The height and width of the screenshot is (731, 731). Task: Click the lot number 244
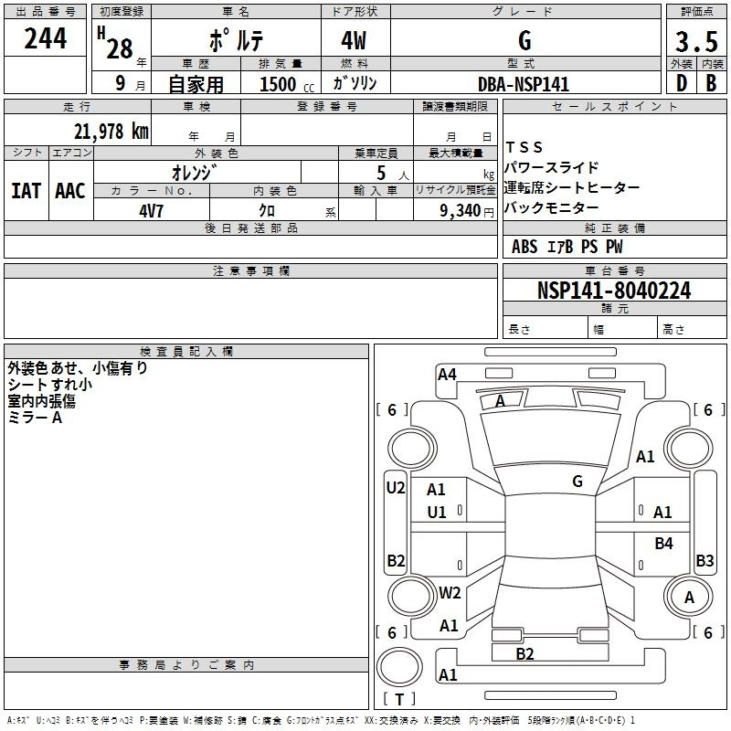(x=45, y=38)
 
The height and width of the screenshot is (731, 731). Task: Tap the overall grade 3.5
(x=696, y=42)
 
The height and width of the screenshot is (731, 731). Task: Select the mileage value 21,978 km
(x=111, y=132)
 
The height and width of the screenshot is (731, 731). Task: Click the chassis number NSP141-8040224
(x=614, y=291)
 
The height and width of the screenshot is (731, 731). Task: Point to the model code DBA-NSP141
(x=524, y=84)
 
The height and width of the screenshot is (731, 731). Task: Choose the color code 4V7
(x=151, y=211)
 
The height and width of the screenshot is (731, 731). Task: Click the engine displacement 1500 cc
(x=287, y=84)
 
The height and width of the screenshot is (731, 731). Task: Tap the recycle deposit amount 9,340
(x=460, y=211)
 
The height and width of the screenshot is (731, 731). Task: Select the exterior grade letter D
(x=682, y=83)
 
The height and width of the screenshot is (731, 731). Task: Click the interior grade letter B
(x=711, y=83)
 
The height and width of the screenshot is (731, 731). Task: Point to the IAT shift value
(x=26, y=191)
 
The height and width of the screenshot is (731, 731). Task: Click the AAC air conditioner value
(x=70, y=191)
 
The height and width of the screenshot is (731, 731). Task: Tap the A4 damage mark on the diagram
(x=447, y=375)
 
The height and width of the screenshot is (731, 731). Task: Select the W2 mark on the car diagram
(x=450, y=592)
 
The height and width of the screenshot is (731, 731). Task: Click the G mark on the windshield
(x=577, y=482)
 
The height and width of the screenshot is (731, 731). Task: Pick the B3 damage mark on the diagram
(x=705, y=560)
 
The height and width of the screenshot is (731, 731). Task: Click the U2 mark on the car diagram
(x=396, y=488)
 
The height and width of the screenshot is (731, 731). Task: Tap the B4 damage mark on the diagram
(x=663, y=543)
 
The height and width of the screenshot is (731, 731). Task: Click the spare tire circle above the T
(x=399, y=667)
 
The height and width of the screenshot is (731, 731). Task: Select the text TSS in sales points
(x=524, y=147)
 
